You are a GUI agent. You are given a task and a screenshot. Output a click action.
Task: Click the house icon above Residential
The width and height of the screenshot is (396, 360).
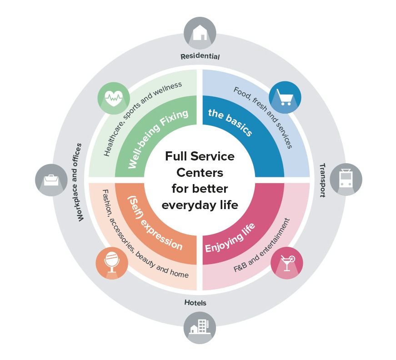point(200,33)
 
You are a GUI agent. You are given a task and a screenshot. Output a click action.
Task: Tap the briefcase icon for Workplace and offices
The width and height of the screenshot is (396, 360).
point(51,180)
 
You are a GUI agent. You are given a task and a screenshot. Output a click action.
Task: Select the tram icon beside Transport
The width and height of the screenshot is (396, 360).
point(346,179)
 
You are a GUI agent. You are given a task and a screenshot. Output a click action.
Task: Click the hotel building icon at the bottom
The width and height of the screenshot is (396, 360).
point(200,327)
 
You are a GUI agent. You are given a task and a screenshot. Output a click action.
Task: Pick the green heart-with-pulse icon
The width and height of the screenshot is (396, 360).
point(114,98)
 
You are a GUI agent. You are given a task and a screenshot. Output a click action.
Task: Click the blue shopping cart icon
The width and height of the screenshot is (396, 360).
point(285,97)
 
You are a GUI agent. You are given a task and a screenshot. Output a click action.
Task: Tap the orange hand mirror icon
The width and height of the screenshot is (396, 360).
point(112,263)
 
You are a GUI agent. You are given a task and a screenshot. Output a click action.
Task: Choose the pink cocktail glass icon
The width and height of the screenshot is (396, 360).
point(286,263)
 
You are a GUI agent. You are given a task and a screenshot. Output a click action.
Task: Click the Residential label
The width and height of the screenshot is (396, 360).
point(200,56)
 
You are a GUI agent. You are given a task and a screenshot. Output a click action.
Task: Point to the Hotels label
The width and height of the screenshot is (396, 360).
point(195,302)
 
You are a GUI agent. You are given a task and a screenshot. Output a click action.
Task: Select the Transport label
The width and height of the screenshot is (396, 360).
point(322,180)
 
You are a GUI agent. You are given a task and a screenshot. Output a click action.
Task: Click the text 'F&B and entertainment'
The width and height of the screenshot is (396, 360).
point(261,245)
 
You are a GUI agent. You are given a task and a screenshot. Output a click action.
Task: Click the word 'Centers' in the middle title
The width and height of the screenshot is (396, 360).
point(200,173)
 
